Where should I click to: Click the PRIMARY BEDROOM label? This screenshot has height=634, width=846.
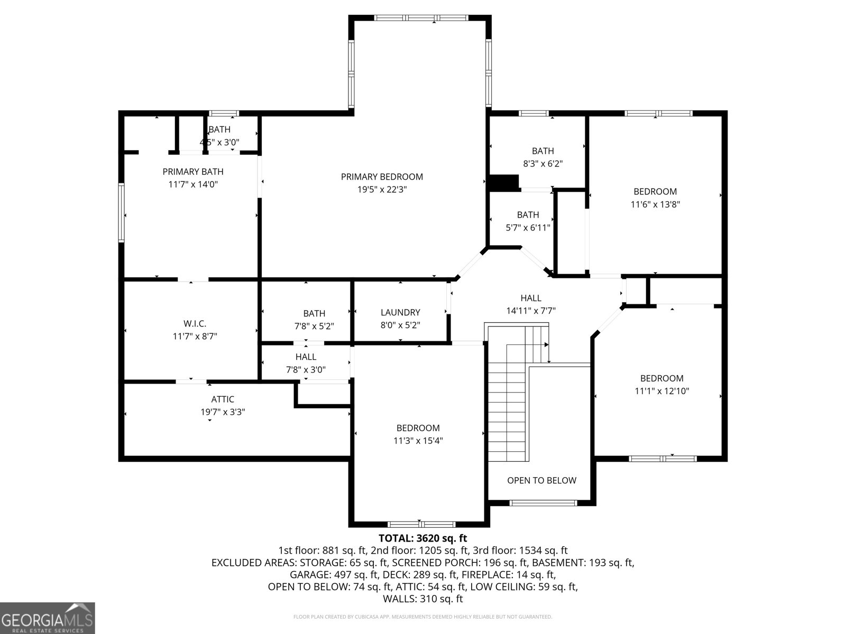(x=382, y=176)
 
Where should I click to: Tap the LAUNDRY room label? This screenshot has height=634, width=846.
(x=400, y=312)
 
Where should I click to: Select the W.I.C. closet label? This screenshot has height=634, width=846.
(x=195, y=323)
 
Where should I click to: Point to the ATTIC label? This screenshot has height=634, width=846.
(x=223, y=399)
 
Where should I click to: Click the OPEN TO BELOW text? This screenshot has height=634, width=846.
(x=541, y=480)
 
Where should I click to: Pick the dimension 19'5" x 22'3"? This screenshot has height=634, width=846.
(x=382, y=189)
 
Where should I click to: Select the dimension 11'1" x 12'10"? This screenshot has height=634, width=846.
(x=661, y=391)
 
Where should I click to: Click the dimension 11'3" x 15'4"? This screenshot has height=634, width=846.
(x=418, y=441)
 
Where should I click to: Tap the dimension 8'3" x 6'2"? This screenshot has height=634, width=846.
(x=542, y=164)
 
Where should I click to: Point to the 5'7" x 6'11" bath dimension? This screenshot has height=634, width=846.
(x=528, y=228)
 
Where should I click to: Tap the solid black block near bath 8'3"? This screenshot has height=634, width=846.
(x=503, y=183)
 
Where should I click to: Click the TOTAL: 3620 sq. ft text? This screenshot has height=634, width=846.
(x=422, y=538)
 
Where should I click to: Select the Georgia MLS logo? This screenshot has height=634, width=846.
(x=48, y=618)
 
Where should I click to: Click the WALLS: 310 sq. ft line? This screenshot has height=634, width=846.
(x=422, y=599)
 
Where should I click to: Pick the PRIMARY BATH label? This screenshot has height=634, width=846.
(x=192, y=171)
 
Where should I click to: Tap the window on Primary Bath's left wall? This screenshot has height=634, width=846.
(x=121, y=212)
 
